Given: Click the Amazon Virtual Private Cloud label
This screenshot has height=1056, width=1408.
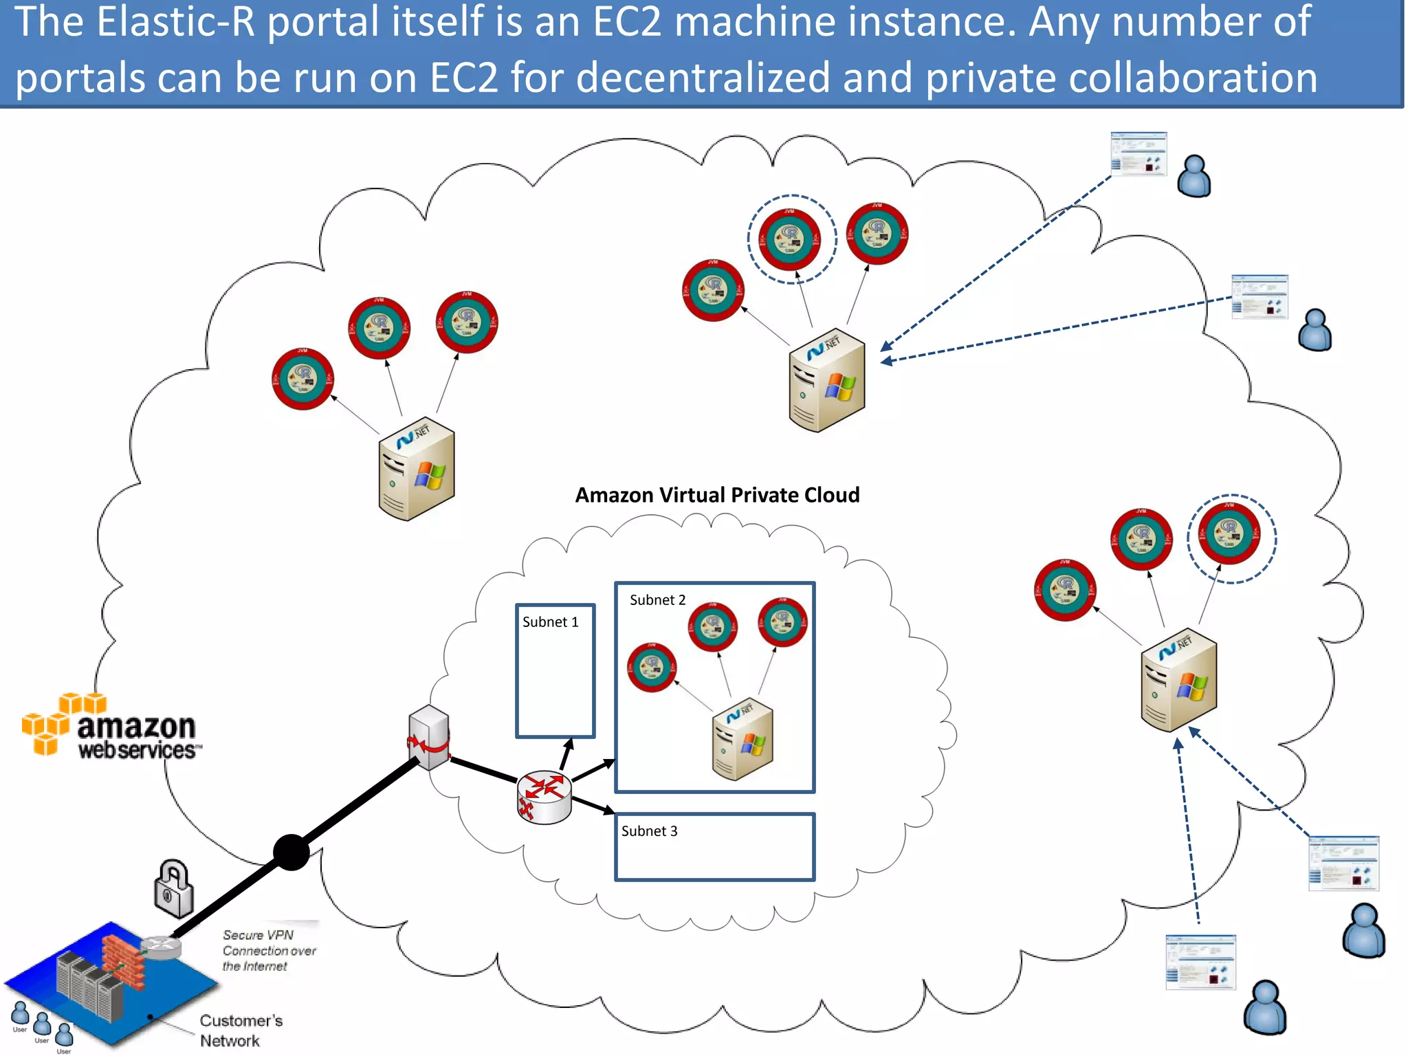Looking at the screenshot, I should pyautogui.click(x=717, y=495).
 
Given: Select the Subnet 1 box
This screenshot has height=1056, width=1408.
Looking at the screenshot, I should pyautogui.click(x=555, y=671).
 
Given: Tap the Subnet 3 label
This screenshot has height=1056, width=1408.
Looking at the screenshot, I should pyautogui.click(x=649, y=831).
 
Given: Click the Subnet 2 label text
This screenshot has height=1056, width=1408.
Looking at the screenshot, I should pyautogui.click(x=657, y=600).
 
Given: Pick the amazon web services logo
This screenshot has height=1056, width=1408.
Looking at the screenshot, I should pyautogui.click(x=110, y=727).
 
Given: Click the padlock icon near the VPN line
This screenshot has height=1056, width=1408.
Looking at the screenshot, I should pyautogui.click(x=173, y=888).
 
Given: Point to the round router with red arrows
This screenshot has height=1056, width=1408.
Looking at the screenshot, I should pyautogui.click(x=544, y=797).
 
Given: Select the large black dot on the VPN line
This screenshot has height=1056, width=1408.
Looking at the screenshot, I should pyautogui.click(x=291, y=852).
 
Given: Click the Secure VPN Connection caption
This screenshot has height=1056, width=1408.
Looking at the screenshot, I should pyautogui.click(x=268, y=951).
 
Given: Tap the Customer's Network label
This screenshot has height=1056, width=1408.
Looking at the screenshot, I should pyautogui.click(x=241, y=1030).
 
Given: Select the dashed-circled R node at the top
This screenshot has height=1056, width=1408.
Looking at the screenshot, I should pyautogui.click(x=791, y=239).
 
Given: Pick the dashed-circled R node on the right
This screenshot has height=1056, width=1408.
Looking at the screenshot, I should pyautogui.click(x=1231, y=538).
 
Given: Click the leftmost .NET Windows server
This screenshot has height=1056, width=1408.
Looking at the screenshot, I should pyautogui.click(x=417, y=469).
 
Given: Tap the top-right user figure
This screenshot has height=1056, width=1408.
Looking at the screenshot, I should pyautogui.click(x=1194, y=177).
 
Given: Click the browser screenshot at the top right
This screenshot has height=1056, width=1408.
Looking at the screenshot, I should pyautogui.click(x=1138, y=154).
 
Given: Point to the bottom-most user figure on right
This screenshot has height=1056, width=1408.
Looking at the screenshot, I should pyautogui.click(x=1265, y=1007).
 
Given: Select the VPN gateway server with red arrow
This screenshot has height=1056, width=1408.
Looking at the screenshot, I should pyautogui.click(x=429, y=737).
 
